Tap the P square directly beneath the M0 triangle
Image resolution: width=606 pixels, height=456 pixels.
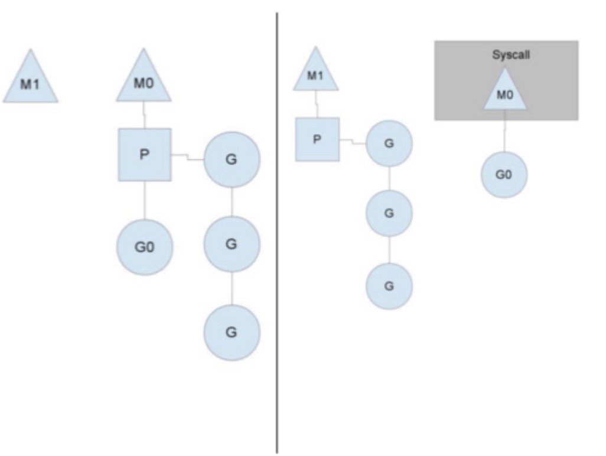point(145,155)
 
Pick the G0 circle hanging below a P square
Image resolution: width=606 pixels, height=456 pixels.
point(145,247)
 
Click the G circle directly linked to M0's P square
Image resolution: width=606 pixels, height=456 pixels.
point(232,160)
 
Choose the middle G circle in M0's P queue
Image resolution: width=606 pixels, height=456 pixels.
point(232,244)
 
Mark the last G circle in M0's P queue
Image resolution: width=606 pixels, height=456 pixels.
point(232,332)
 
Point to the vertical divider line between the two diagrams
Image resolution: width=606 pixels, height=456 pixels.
point(276,236)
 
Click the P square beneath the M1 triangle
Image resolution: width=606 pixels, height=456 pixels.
point(317,139)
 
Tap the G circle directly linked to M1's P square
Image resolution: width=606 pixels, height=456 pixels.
point(389,143)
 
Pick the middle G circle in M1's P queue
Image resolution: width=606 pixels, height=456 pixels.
point(389,213)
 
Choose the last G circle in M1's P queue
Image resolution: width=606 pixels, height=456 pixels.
point(389,286)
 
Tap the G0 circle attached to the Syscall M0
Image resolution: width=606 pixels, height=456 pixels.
point(504,175)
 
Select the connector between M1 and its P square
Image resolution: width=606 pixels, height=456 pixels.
point(317,104)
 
